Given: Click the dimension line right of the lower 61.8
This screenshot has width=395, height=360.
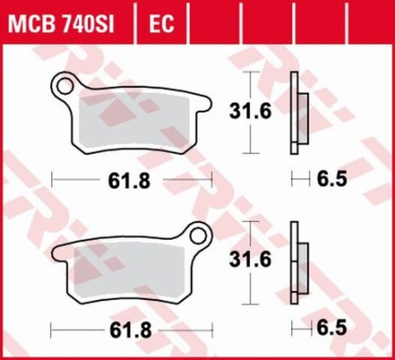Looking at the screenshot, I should [x=185, y=329].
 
